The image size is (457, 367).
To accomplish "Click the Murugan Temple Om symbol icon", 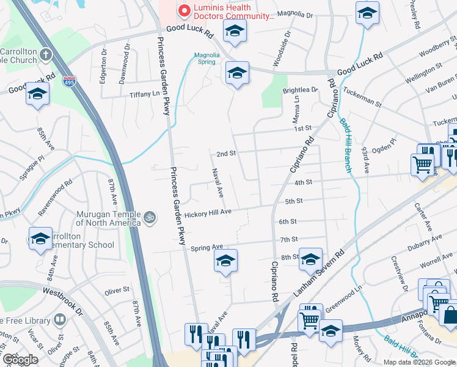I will point(150,217).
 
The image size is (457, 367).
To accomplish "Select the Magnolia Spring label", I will point(207,58).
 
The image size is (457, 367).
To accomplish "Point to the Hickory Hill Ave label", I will point(208,212).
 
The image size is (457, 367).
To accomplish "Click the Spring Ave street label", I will point(207,247).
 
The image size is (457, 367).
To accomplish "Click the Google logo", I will point(20,360).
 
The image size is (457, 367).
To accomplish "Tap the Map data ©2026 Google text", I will point(419,362).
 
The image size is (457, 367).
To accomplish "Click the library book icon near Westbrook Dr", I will point(60,319).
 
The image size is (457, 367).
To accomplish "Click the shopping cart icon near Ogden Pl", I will point(423,164).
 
